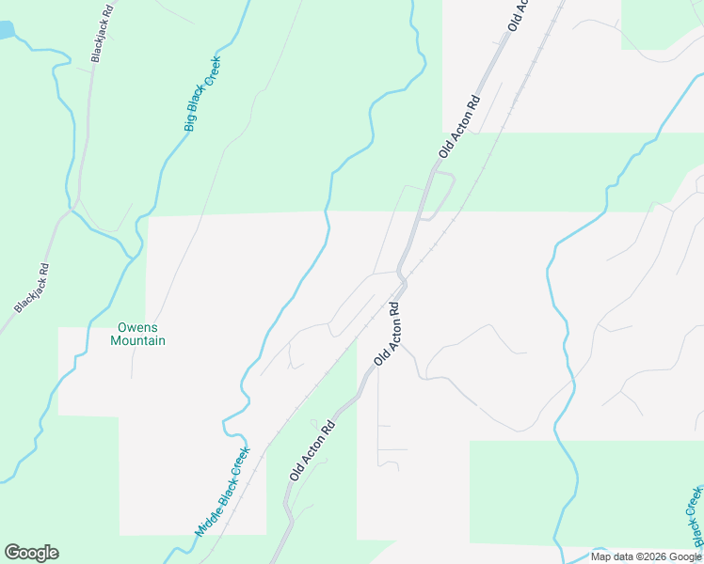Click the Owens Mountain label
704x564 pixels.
pos(137,334)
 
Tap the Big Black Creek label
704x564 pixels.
pos(201,93)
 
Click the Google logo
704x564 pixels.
pos(31,553)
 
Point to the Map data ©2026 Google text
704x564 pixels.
pos(646,556)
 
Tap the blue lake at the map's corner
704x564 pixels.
pos(5,29)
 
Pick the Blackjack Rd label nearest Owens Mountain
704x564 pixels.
pos(31,288)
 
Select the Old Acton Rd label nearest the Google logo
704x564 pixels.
pos(312,451)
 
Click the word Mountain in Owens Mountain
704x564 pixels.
pos(137,340)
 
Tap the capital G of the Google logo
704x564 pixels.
pos(13,552)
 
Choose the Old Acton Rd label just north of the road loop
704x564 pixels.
pos(459,125)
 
